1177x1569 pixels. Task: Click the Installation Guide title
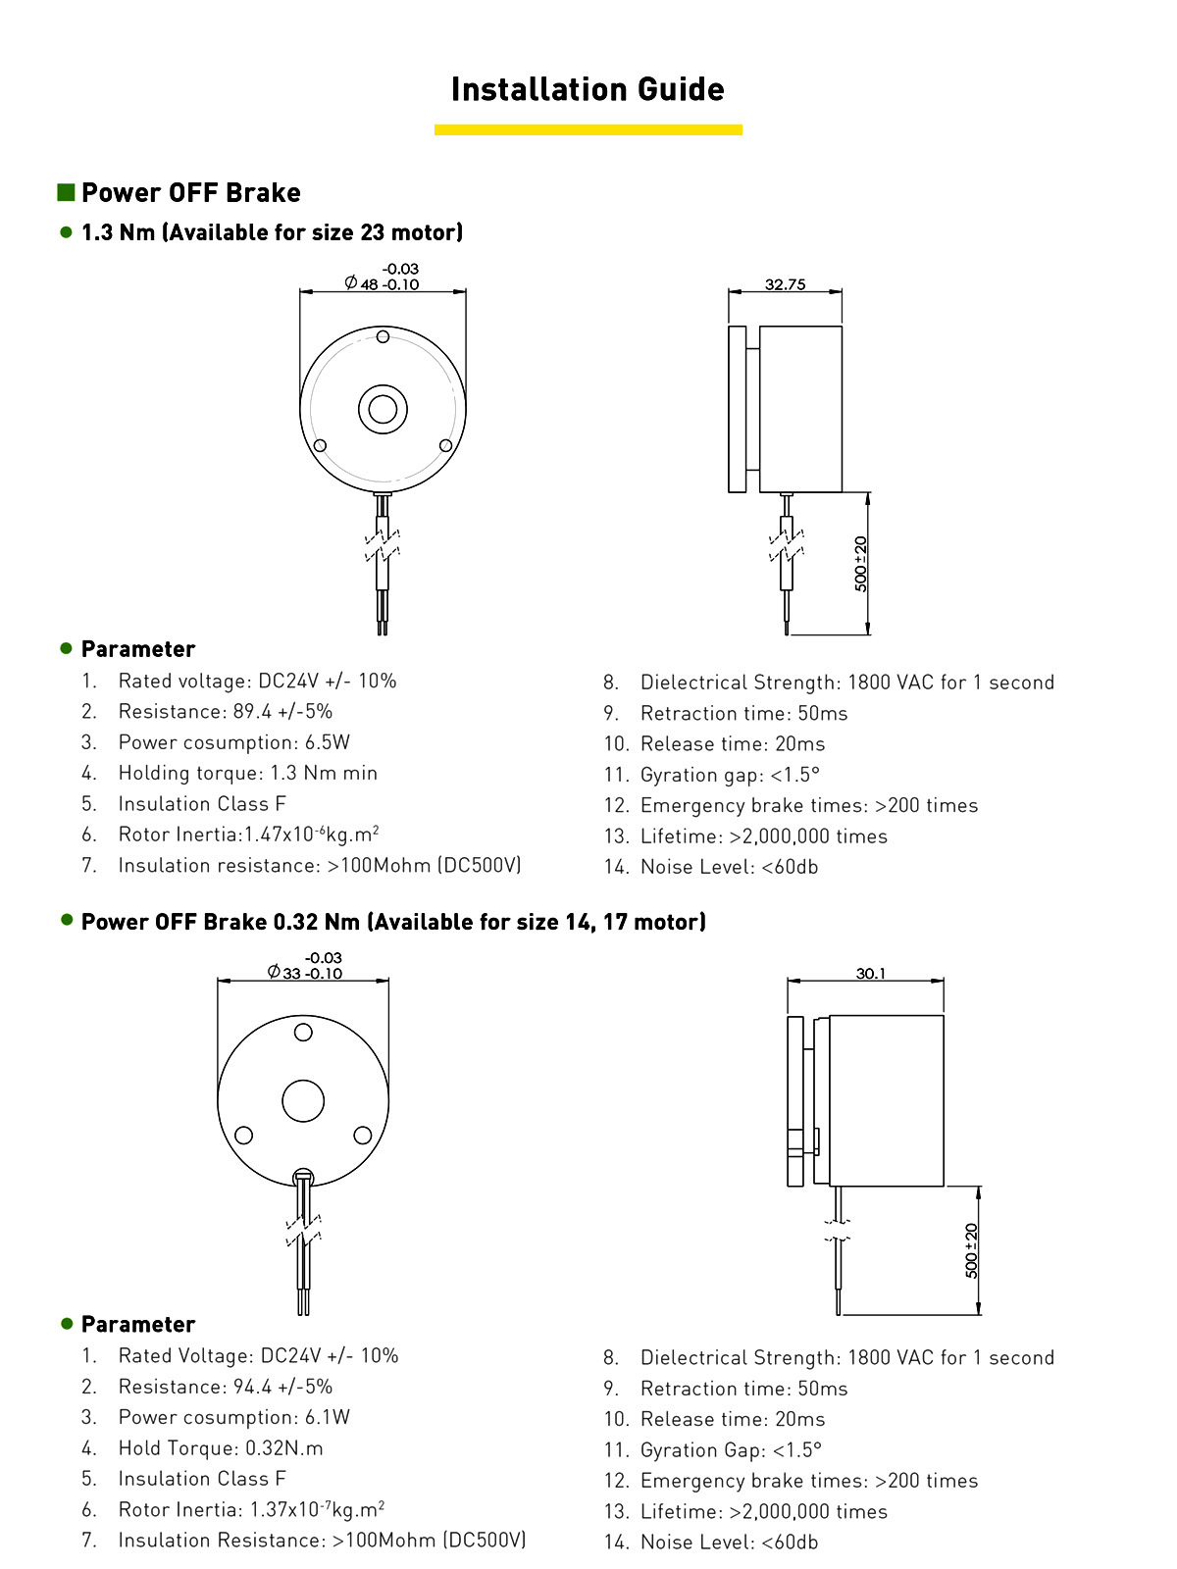[588, 89]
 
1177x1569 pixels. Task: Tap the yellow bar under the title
[588, 129]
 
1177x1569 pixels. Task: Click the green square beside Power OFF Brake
[66, 192]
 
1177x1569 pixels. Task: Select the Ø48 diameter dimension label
[383, 278]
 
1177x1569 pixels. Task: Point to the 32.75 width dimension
[785, 284]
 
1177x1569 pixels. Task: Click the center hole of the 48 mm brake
[383, 409]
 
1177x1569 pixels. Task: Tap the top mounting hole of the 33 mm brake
[303, 1032]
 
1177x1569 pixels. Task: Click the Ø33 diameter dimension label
[305, 967]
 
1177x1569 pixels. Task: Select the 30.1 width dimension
[870, 974]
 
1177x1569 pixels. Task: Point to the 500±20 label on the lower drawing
[971, 1250]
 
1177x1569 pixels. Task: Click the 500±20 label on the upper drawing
[860, 564]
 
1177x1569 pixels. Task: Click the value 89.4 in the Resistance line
[252, 711]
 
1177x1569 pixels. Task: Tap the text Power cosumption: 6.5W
[233, 742]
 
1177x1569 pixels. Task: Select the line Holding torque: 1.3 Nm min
[247, 773]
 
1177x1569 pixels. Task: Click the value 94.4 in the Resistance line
[252, 1387]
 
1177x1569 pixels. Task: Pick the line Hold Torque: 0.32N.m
[221, 1448]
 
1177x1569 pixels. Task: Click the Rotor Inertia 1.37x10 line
[251, 1509]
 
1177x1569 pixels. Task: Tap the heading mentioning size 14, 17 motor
[393, 922]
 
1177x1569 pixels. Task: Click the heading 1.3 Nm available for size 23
[272, 232]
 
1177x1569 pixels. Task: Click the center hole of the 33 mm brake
[303, 1101]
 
